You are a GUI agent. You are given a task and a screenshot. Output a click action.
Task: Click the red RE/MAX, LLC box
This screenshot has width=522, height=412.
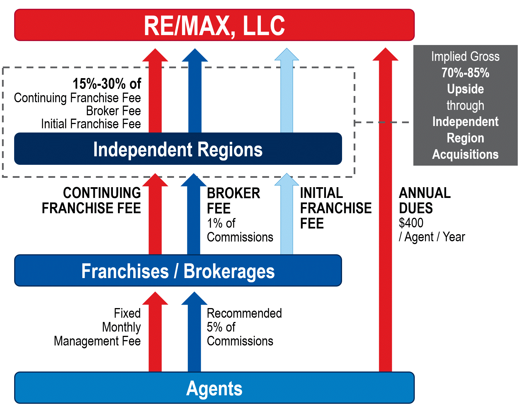[x=214, y=25]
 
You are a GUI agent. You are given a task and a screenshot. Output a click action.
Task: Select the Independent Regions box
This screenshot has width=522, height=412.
[x=178, y=149]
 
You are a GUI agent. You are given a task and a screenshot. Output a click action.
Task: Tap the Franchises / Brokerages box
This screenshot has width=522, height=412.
[x=178, y=270]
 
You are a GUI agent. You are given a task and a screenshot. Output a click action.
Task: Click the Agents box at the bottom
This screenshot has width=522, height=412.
[x=214, y=388]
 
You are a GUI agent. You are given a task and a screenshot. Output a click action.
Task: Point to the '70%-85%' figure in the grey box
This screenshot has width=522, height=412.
[x=465, y=73]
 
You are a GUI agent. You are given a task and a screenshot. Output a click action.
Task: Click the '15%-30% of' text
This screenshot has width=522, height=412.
[x=107, y=84]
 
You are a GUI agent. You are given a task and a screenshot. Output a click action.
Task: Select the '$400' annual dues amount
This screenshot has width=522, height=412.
[x=411, y=223]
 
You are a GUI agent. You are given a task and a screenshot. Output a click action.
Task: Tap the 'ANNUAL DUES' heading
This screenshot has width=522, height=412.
[x=425, y=200]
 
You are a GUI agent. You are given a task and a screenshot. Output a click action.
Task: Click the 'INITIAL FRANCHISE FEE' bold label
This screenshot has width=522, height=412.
[x=336, y=208]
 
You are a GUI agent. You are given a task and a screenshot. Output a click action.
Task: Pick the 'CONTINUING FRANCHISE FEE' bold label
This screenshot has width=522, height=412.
[x=91, y=200]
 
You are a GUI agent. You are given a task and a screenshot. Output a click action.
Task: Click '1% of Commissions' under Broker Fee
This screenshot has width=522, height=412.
[x=240, y=230]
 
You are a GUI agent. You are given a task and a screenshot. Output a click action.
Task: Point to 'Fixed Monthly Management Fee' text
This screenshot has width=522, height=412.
[x=97, y=327]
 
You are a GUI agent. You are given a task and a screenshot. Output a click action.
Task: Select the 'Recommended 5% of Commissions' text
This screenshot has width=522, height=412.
[x=244, y=327]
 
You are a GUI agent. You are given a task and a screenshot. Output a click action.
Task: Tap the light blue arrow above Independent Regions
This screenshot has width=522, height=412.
[x=287, y=90]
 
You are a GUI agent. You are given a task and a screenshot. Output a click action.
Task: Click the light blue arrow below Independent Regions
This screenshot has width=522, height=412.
[x=287, y=214]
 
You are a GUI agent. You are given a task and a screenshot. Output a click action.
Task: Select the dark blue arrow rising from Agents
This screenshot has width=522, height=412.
[x=194, y=332]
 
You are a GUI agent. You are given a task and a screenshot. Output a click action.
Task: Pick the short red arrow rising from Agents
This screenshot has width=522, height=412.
[x=155, y=332]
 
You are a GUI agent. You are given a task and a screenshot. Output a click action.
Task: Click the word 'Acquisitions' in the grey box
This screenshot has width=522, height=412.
[x=465, y=154]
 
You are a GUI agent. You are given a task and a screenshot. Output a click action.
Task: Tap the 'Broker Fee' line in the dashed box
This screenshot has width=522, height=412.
[x=113, y=111]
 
